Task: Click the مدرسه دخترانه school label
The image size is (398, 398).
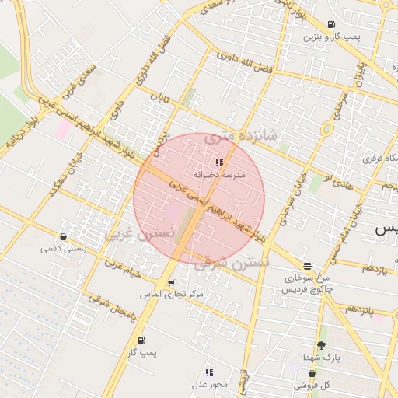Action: click(223, 176)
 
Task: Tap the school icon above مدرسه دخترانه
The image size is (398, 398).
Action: click(219, 163)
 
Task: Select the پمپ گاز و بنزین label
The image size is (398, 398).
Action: click(322, 37)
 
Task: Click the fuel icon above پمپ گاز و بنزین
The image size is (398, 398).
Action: click(332, 24)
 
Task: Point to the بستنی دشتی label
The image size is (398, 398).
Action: click(62, 250)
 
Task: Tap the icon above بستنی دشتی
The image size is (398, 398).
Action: click(63, 236)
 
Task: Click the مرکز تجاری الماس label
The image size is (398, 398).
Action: click(171, 295)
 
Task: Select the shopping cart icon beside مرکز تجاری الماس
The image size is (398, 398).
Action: click(171, 283)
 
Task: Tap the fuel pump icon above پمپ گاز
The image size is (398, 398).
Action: click(141, 340)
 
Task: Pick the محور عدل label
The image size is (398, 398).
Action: click(209, 385)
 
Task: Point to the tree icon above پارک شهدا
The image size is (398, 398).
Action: click(321, 345)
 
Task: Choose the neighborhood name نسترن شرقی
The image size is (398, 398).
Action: click(231, 264)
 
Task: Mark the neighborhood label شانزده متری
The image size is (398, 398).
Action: click(243, 138)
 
